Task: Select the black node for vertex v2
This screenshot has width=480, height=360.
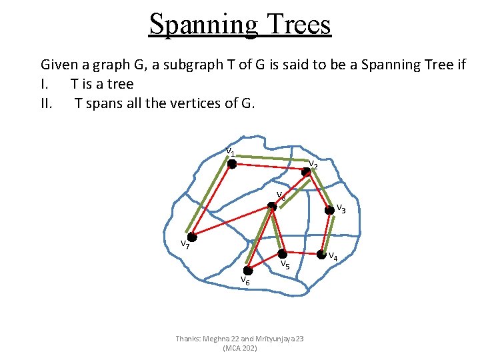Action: (x=305, y=171)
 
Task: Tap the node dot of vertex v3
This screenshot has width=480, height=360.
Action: (x=329, y=210)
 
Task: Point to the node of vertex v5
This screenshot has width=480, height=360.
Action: (x=283, y=254)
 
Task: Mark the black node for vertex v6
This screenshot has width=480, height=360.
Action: (x=248, y=270)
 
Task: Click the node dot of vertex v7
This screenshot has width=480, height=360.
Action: (x=191, y=237)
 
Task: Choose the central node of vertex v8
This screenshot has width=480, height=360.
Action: (x=272, y=207)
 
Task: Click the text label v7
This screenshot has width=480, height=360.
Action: (x=185, y=244)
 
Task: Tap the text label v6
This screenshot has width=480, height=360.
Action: (x=245, y=280)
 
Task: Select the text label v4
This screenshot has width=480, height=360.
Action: (x=332, y=256)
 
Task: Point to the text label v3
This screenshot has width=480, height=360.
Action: (x=340, y=208)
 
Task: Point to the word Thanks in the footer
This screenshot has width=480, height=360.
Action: (x=187, y=339)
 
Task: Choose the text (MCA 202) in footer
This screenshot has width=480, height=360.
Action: (x=240, y=348)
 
